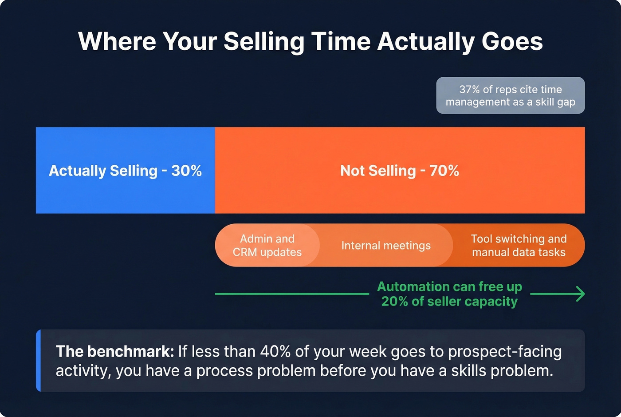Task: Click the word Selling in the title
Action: [x=263, y=42]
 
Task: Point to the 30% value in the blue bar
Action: [x=187, y=171]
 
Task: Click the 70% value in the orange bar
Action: [x=444, y=171]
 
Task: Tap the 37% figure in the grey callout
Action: [x=469, y=90]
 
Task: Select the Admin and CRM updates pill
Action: [x=267, y=245]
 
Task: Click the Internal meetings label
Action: [x=386, y=246]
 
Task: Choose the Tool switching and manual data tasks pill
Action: [x=519, y=245]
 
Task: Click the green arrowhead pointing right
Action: [x=580, y=294]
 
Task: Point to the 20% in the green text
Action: [x=394, y=302]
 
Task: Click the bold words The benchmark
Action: [x=114, y=352]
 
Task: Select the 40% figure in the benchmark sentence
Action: [x=275, y=352]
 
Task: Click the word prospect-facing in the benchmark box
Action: [x=505, y=352]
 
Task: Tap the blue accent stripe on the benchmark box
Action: [x=38, y=361]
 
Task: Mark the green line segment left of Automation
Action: [x=291, y=294]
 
